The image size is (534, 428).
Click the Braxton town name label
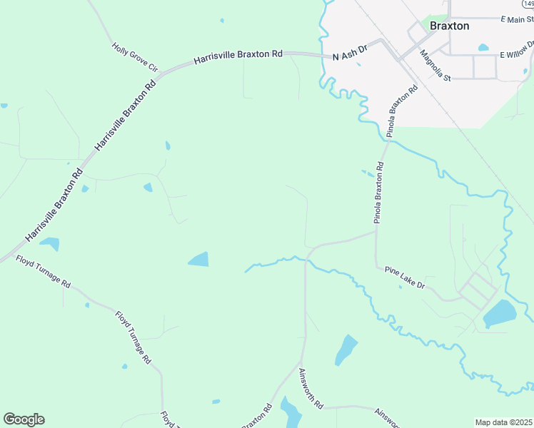pos(449,26)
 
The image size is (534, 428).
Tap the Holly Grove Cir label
pos(134,56)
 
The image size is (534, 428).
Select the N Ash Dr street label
pos(349,53)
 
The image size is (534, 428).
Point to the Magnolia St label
pos(435,65)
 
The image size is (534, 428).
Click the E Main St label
pos(517,19)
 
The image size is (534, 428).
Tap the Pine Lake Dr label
pos(405,277)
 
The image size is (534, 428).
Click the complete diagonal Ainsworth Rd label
pos(311,388)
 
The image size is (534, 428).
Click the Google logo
pos(24,419)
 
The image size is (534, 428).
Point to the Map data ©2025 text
pos(503,422)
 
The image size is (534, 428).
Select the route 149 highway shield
pos(529,4)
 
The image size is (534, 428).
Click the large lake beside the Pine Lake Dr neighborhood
pos(499,314)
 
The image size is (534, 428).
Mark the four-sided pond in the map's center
pos(199,260)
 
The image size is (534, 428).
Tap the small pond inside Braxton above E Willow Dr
pos(483,48)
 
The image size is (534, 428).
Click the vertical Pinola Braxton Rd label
pos(380,193)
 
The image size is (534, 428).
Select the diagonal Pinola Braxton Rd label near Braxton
pos(401,111)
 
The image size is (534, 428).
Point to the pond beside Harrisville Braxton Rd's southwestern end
pos(49,244)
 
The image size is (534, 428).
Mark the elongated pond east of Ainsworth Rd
pos(346,349)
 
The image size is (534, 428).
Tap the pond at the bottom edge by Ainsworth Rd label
pos(291,413)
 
